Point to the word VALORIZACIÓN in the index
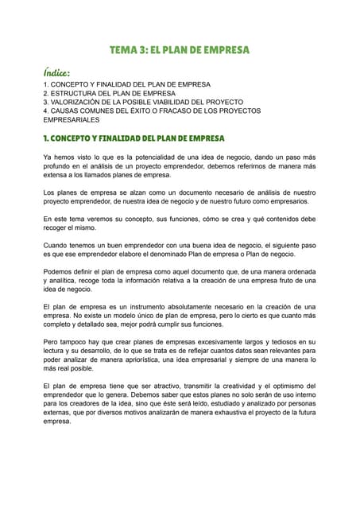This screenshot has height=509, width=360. coord(83,102)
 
